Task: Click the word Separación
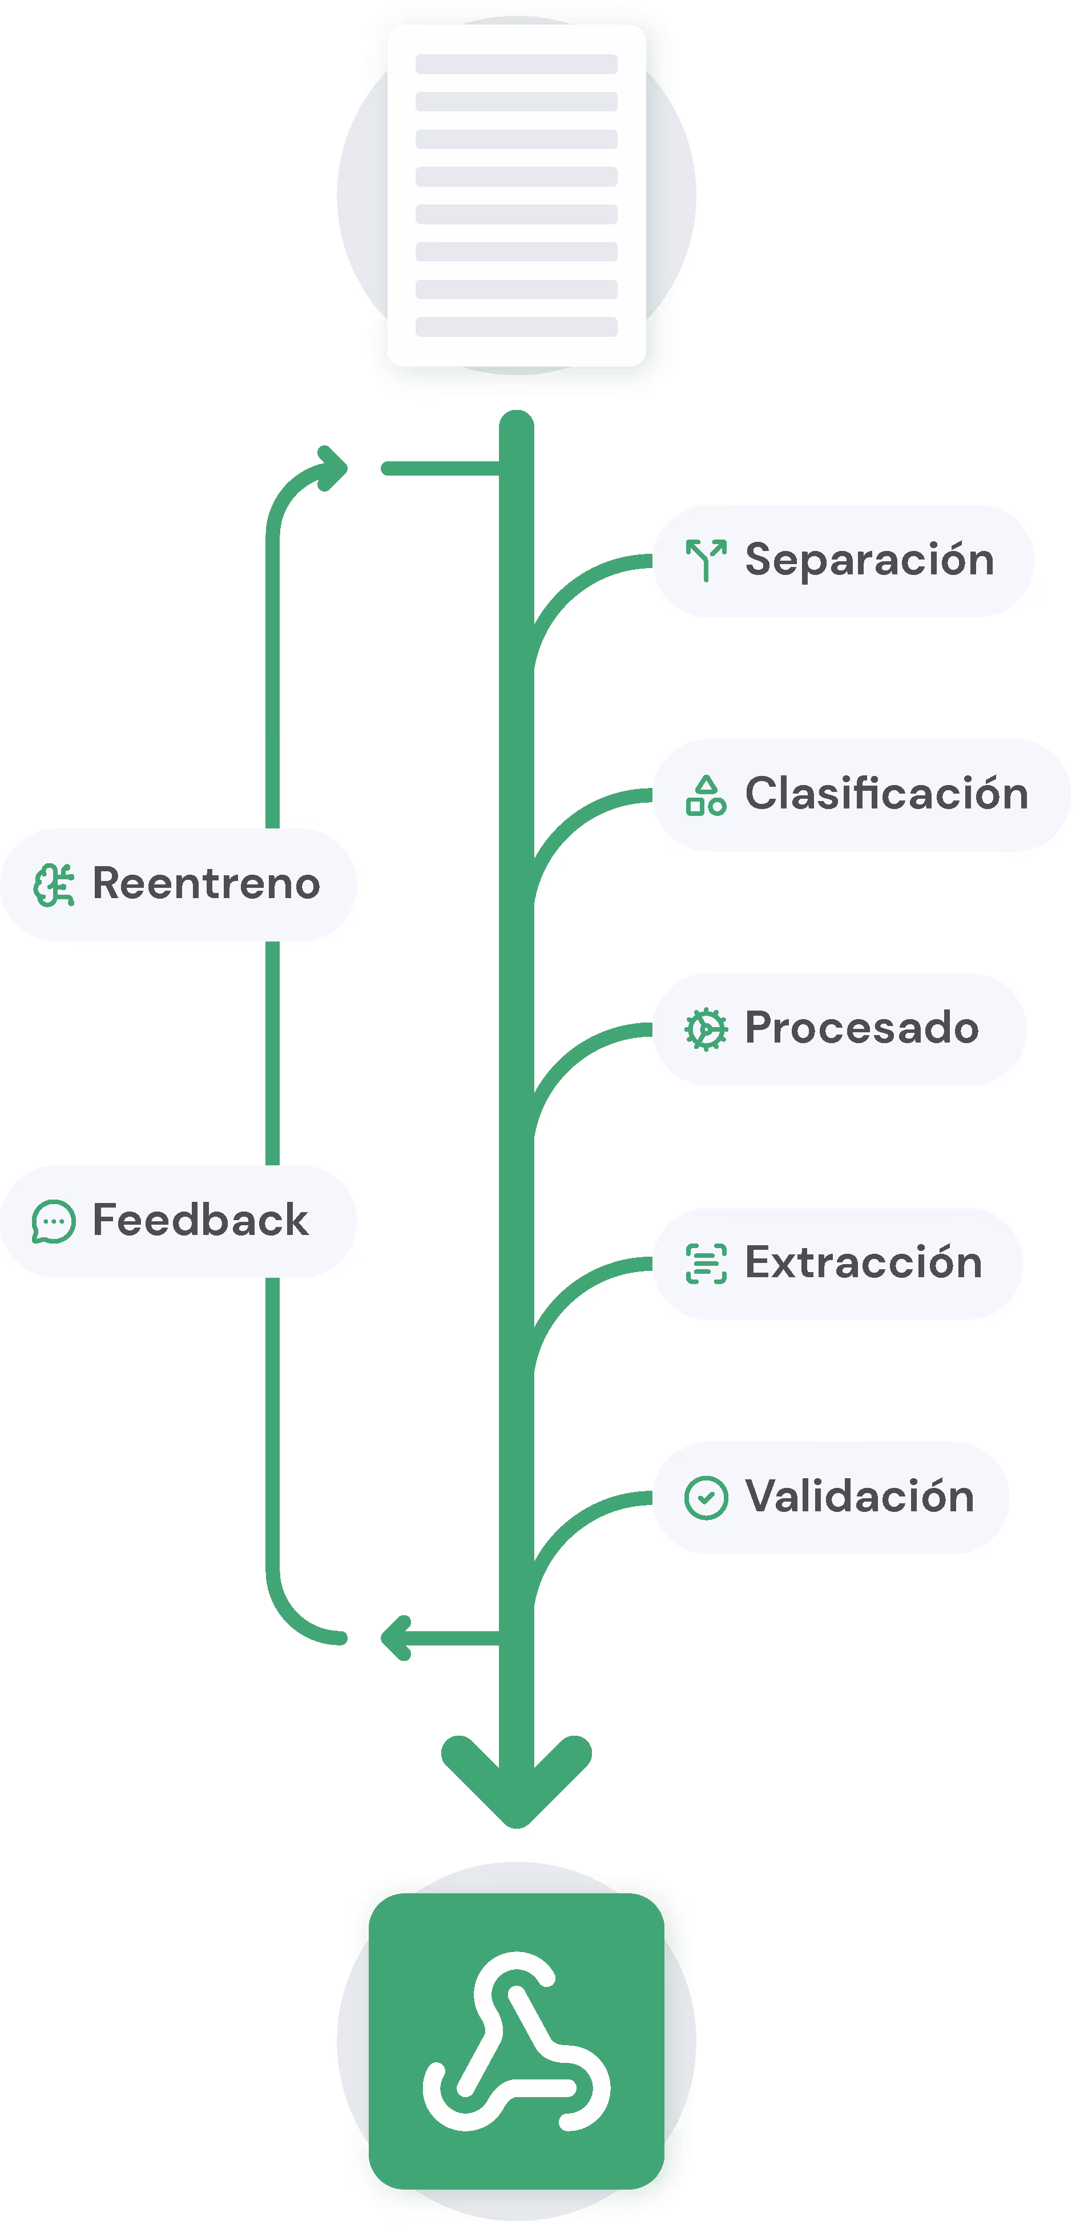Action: [x=869, y=560]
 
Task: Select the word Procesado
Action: [x=861, y=1028]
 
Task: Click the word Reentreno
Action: [x=206, y=884]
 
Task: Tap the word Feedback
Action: [x=200, y=1220]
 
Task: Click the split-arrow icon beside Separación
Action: [x=706, y=560]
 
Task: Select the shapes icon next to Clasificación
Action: [x=706, y=795]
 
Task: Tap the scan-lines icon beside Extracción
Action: [x=706, y=1264]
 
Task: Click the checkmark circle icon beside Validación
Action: [x=706, y=1498]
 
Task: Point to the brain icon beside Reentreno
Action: [x=54, y=885]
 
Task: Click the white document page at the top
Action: [x=516, y=195]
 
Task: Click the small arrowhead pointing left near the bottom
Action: [x=396, y=1638]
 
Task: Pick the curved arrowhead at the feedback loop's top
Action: [x=333, y=468]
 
